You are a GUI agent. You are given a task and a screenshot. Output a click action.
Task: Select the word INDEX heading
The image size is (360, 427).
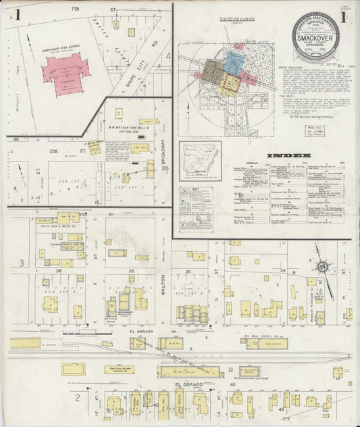click(290, 156)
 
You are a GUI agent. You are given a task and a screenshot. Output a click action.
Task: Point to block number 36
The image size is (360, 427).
click(59, 271)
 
